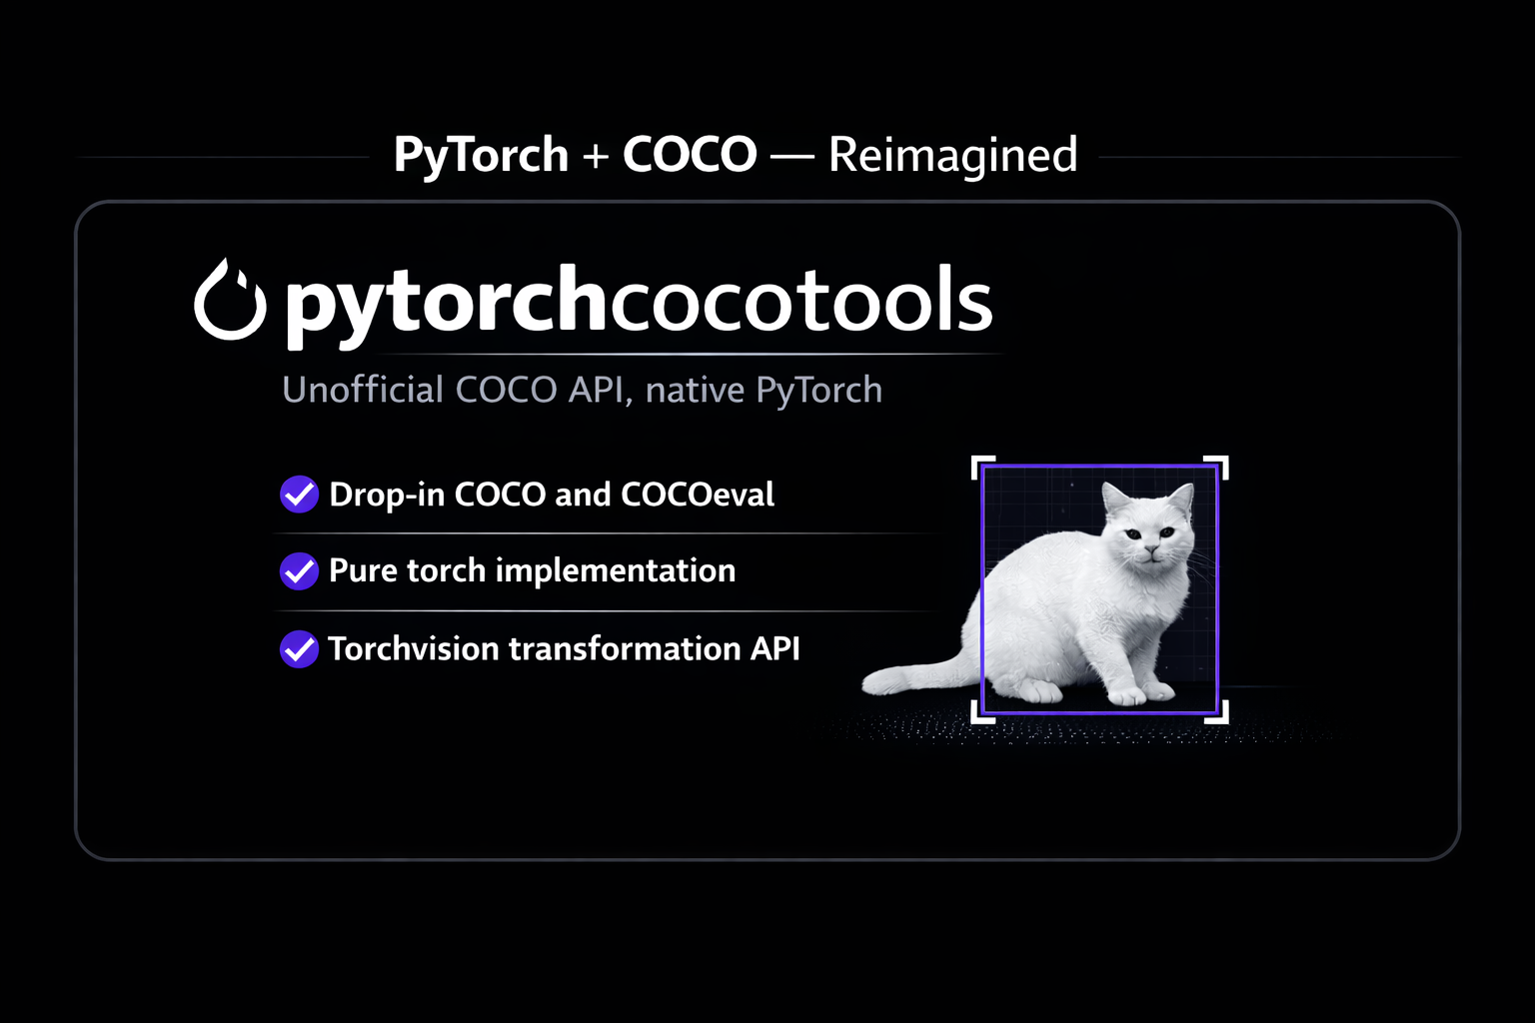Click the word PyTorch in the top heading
tap(481, 156)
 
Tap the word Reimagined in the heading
tap(952, 156)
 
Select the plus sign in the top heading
tap(596, 157)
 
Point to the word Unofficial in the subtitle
tap(363, 390)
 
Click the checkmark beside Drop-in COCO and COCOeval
tap(299, 494)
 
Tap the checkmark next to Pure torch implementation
tap(299, 570)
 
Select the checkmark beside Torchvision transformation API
tap(299, 648)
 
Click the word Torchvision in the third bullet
tap(414, 648)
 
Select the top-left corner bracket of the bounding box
tap(981, 466)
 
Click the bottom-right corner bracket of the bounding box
tap(1219, 713)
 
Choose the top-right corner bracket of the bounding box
tap(1219, 466)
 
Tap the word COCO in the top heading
tap(690, 156)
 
